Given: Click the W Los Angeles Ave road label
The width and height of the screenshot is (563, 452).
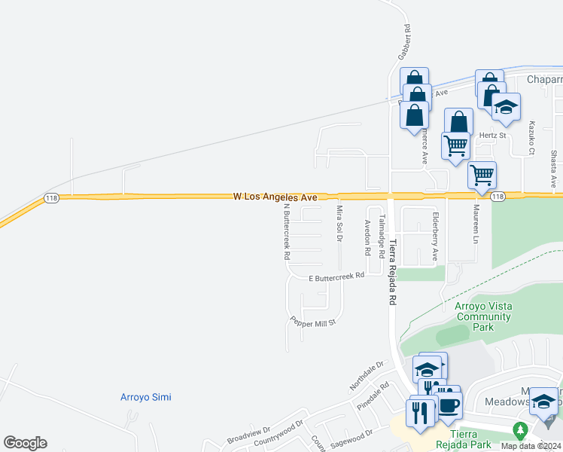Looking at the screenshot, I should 275,196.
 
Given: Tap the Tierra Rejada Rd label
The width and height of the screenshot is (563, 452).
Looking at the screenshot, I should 391,267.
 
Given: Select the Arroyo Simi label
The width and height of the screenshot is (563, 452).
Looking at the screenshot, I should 146,397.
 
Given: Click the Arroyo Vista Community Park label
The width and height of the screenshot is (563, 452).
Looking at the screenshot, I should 482,316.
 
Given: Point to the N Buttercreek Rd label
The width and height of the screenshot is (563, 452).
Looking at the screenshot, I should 287,231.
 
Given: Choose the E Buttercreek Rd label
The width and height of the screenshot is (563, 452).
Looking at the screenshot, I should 337,276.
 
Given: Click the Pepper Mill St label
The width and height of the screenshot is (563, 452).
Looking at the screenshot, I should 312,322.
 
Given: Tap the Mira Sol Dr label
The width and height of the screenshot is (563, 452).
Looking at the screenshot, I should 339,223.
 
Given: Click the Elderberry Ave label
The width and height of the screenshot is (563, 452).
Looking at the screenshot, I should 435,237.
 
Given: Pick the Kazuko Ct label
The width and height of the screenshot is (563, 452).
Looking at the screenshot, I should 531,137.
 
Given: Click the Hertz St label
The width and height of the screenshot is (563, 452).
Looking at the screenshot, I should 490,136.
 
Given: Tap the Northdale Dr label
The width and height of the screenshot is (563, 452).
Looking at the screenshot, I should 367,374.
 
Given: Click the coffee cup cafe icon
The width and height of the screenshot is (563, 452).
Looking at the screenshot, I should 449,405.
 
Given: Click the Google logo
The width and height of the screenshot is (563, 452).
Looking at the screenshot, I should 25,443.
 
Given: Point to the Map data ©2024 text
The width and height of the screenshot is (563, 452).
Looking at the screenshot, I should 531,446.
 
